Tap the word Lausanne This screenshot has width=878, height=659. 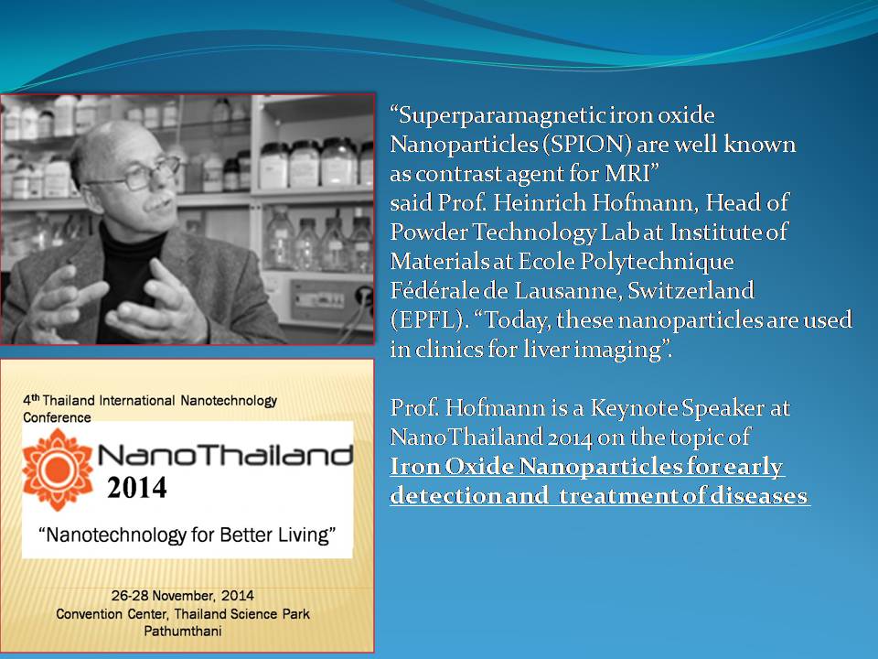557,291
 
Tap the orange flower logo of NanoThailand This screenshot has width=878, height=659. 58,470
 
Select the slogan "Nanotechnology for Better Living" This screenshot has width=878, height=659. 187,535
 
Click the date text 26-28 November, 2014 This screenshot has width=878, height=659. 185,596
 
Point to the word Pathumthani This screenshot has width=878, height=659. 184,631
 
